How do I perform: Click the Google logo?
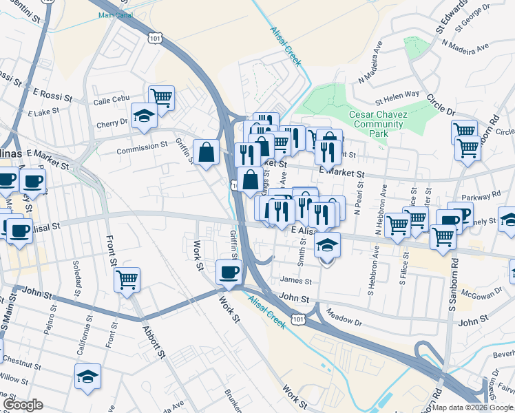pyautogui.click(x=23, y=405)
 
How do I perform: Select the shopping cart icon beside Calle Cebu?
pyautogui.click(x=161, y=96)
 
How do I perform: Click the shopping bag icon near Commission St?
pyautogui.click(x=207, y=151)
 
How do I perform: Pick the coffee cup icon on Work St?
pyautogui.click(x=229, y=271)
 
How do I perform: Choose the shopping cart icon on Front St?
pyautogui.click(x=127, y=279)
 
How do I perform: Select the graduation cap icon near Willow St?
pyautogui.click(x=87, y=376)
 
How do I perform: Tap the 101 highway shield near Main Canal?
pyautogui.click(x=155, y=39)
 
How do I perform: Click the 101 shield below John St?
pyautogui.click(x=297, y=319)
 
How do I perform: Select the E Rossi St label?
pyautogui.click(x=52, y=94)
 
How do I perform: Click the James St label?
pyautogui.click(x=297, y=281)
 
